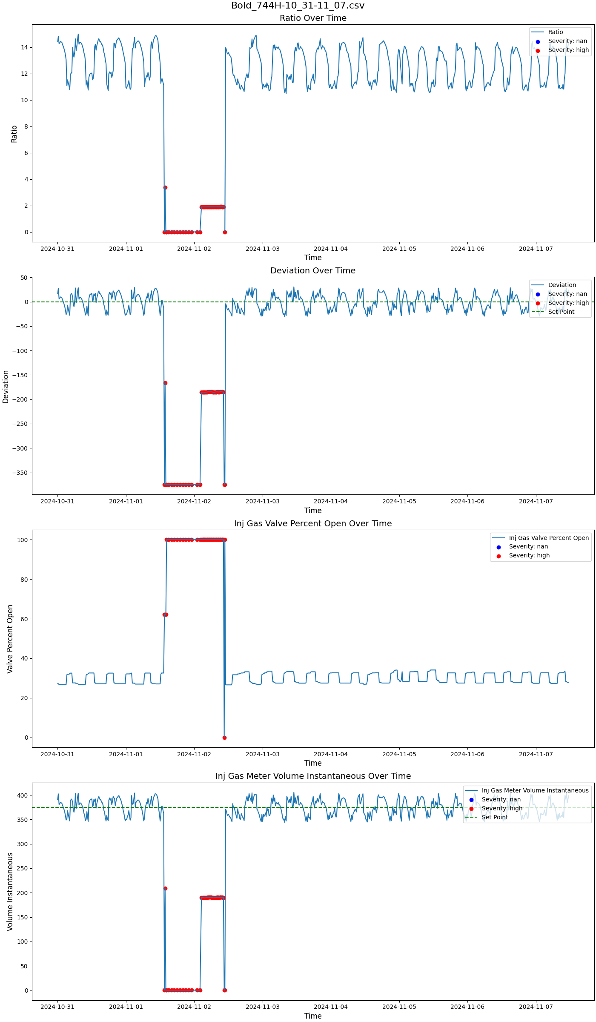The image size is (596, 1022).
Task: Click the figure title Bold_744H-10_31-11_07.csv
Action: [298, 6]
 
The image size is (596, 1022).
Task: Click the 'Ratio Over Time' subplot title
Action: [313, 18]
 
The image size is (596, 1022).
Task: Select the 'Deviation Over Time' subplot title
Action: [313, 270]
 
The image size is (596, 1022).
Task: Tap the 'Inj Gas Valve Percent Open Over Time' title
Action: [313, 523]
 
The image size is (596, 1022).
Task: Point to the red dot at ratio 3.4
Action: [165, 187]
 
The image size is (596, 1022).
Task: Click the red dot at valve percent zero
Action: [224, 738]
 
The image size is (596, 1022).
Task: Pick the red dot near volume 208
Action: [165, 888]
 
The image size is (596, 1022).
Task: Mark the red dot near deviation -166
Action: [165, 383]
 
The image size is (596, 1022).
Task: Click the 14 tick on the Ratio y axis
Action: [24, 47]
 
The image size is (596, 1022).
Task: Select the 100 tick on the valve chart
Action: [23, 540]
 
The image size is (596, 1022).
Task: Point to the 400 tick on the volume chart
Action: [23, 795]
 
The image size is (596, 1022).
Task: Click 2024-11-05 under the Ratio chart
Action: [399, 249]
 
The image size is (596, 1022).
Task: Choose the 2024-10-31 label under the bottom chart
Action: [57, 1007]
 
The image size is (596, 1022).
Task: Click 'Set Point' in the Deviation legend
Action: [561, 312]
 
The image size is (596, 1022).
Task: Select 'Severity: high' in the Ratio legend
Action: [568, 50]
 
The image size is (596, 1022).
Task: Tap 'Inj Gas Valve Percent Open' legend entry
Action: [549, 538]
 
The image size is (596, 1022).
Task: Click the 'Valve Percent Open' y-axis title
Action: [10, 639]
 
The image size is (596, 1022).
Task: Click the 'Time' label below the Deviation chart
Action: [313, 510]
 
